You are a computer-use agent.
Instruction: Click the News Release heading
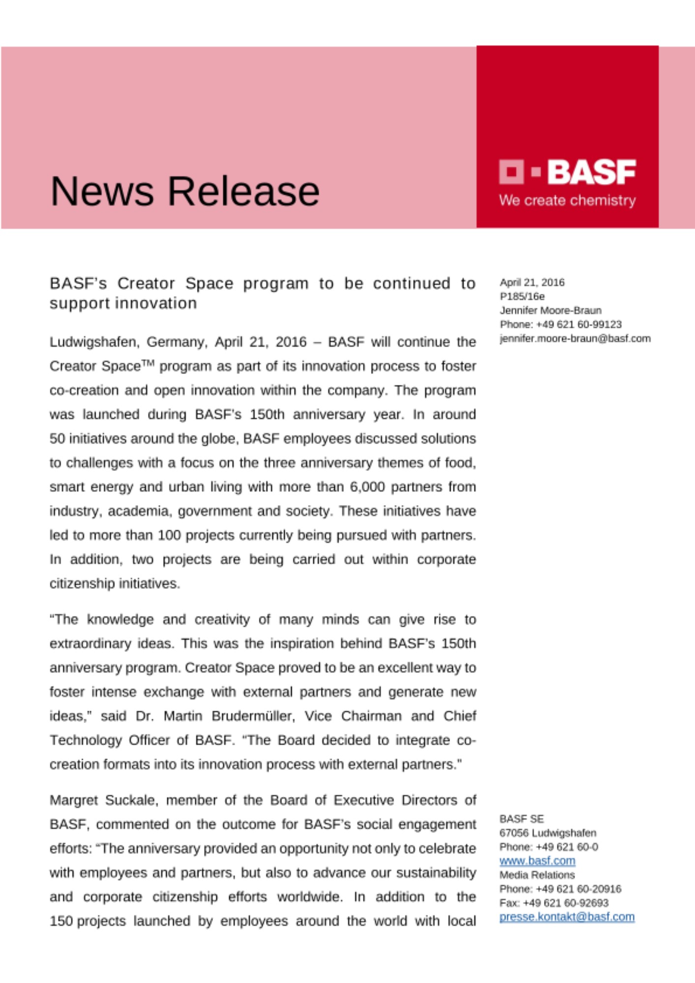[x=185, y=191]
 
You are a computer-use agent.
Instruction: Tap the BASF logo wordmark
[x=591, y=172]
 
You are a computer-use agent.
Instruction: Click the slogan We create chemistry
[x=567, y=201]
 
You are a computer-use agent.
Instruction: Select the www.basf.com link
[x=537, y=861]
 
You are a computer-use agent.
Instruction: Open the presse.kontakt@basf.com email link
[x=567, y=917]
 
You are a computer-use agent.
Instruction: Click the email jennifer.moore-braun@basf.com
[x=575, y=339]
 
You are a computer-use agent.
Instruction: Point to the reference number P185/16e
[x=522, y=296]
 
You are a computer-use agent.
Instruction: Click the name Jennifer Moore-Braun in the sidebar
[x=550, y=311]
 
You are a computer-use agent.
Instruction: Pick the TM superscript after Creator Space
[x=148, y=363]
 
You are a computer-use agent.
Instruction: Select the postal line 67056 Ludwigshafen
[x=547, y=833]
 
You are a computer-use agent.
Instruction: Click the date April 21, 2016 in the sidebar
[x=532, y=283]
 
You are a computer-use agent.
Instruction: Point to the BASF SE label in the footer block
[x=521, y=819]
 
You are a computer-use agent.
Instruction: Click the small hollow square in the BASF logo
[x=512, y=172]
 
